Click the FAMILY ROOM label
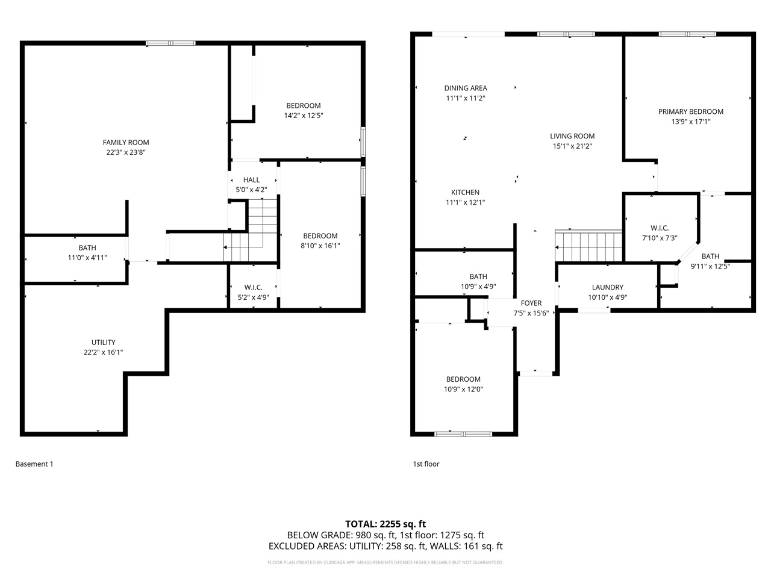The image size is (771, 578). click(126, 143)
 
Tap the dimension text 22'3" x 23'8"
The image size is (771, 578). click(126, 152)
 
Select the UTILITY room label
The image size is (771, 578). click(104, 343)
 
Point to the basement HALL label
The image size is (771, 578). click(251, 180)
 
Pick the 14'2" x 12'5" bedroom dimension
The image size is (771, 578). click(304, 116)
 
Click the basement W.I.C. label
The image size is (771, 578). click(253, 287)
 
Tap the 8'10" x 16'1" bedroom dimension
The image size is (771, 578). click(320, 246)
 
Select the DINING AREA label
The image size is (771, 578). click(466, 88)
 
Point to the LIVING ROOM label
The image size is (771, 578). click(572, 136)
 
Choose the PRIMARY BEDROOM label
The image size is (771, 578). click(690, 111)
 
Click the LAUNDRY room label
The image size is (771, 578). click(607, 287)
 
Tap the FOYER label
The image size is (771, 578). click(531, 303)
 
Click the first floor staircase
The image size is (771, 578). click(588, 246)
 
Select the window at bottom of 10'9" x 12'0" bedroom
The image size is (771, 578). click(463, 433)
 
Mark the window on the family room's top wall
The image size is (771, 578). click(171, 43)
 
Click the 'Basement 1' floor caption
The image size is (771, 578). click(34, 464)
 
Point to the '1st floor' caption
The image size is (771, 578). click(426, 464)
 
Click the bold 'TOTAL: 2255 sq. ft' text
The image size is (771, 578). click(385, 524)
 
